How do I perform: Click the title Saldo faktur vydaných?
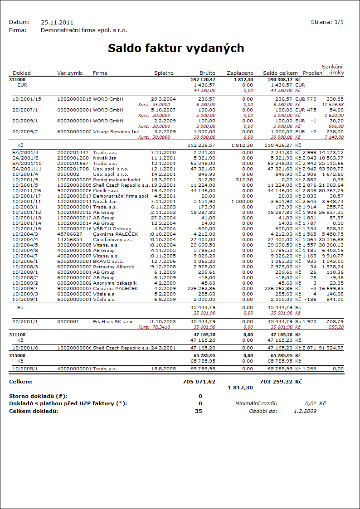click(176, 48)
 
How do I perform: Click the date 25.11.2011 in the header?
click(57, 22)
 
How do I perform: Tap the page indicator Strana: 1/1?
click(327, 22)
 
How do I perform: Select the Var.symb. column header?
click(70, 73)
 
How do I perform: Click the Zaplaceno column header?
click(240, 73)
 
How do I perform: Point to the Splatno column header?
click(164, 73)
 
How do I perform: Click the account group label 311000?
click(17, 79)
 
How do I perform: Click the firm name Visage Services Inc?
click(117, 131)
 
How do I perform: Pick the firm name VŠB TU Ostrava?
click(112, 228)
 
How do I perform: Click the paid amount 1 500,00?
click(241, 201)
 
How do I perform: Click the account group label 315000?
click(17, 356)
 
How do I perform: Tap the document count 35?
click(199, 411)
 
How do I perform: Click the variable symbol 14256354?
click(70, 239)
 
